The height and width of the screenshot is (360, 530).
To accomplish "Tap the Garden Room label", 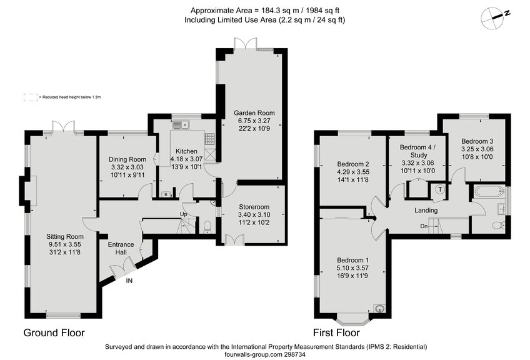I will tap(250, 113).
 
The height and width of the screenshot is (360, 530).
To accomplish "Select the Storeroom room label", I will tap(254, 206).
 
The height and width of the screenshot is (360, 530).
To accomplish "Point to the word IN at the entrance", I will tap(129, 281).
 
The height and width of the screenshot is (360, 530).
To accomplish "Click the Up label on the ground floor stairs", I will tap(183, 214).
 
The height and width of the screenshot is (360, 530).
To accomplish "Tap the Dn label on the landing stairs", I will tap(424, 226).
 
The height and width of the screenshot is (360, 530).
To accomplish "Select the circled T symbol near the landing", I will tap(440, 189).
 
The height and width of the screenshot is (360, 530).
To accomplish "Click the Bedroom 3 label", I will tap(477, 141).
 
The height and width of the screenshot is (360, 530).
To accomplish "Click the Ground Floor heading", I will tap(54, 332).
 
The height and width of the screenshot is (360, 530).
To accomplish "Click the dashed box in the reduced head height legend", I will tap(30, 97).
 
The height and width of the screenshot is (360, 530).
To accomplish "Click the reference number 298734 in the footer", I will tap(293, 354).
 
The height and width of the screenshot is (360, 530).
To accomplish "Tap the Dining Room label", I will tap(127, 159).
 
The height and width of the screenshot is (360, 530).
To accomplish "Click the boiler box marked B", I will tap(165, 194).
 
